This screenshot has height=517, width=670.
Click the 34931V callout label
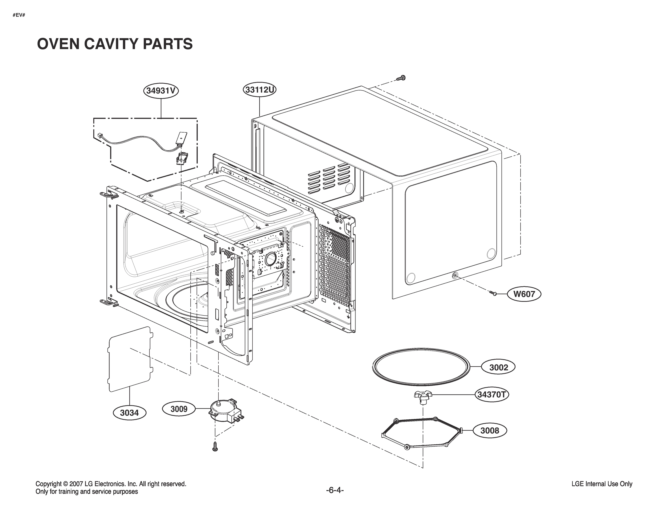[161, 91]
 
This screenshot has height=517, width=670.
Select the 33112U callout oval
[260, 90]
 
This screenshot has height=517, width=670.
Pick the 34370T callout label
[492, 394]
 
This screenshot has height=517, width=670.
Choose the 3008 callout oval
[489, 430]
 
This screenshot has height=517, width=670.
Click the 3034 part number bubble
[129, 413]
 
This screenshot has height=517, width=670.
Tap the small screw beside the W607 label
[493, 294]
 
